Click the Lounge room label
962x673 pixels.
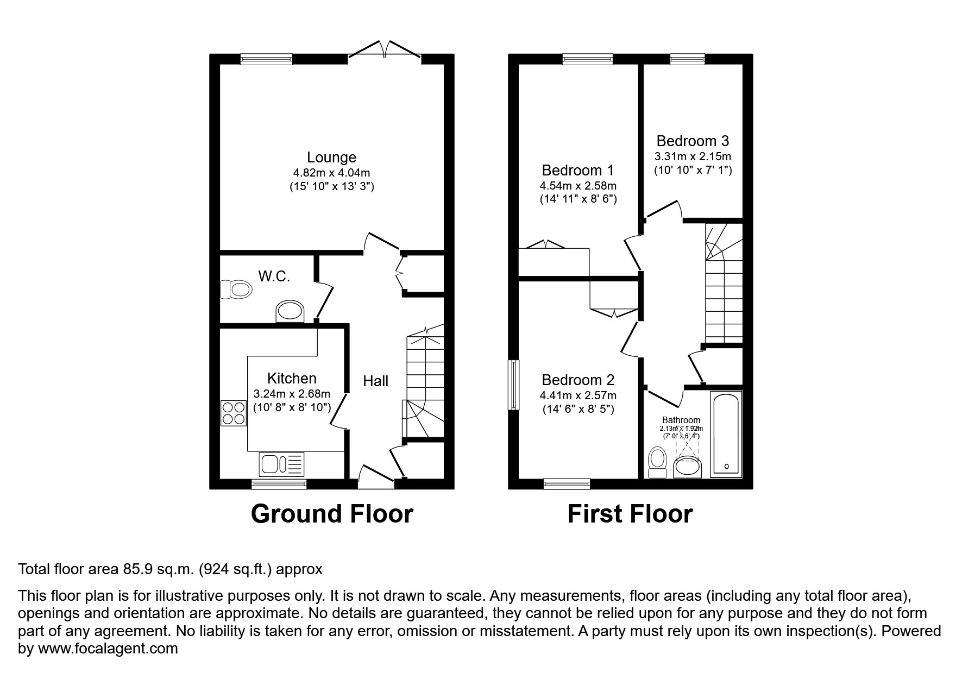tap(331, 158)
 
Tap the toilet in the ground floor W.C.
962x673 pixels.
tap(237, 289)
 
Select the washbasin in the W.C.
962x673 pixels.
tap(291, 312)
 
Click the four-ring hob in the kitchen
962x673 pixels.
tap(234, 413)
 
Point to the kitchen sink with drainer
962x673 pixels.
tap(282, 464)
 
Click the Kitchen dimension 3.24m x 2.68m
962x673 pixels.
tap(292, 394)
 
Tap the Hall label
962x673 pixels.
tap(375, 381)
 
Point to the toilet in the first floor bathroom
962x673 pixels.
tap(658, 462)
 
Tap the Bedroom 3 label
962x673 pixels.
tap(693, 141)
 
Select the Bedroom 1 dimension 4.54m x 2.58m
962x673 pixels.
tap(578, 186)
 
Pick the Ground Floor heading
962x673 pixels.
tap(332, 514)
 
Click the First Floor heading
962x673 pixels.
tap(630, 514)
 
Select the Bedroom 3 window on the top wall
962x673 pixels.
tap(687, 59)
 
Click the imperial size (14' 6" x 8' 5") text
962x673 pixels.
tap(578, 409)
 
